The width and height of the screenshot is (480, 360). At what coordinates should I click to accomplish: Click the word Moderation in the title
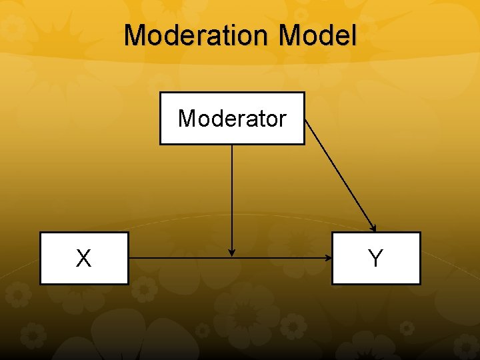(x=198, y=35)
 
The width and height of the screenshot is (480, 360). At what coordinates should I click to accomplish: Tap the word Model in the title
(x=318, y=35)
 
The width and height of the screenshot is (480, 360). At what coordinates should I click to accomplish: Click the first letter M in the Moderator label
(x=186, y=119)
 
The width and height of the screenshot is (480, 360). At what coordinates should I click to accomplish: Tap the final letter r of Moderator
(x=283, y=119)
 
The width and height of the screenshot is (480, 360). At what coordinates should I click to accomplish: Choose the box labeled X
(x=84, y=258)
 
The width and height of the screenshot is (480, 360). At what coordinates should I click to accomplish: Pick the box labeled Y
(x=376, y=258)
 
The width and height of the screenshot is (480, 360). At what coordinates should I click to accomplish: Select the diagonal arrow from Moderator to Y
(x=340, y=175)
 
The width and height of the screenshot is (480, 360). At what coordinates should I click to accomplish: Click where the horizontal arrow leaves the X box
(x=129, y=257)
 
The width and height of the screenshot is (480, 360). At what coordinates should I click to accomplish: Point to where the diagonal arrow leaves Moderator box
(x=305, y=120)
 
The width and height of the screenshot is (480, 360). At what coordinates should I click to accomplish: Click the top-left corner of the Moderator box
(x=160, y=93)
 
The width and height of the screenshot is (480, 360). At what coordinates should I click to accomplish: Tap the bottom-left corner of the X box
(x=41, y=284)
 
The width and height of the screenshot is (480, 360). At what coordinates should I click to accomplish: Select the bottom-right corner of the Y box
(x=420, y=284)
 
